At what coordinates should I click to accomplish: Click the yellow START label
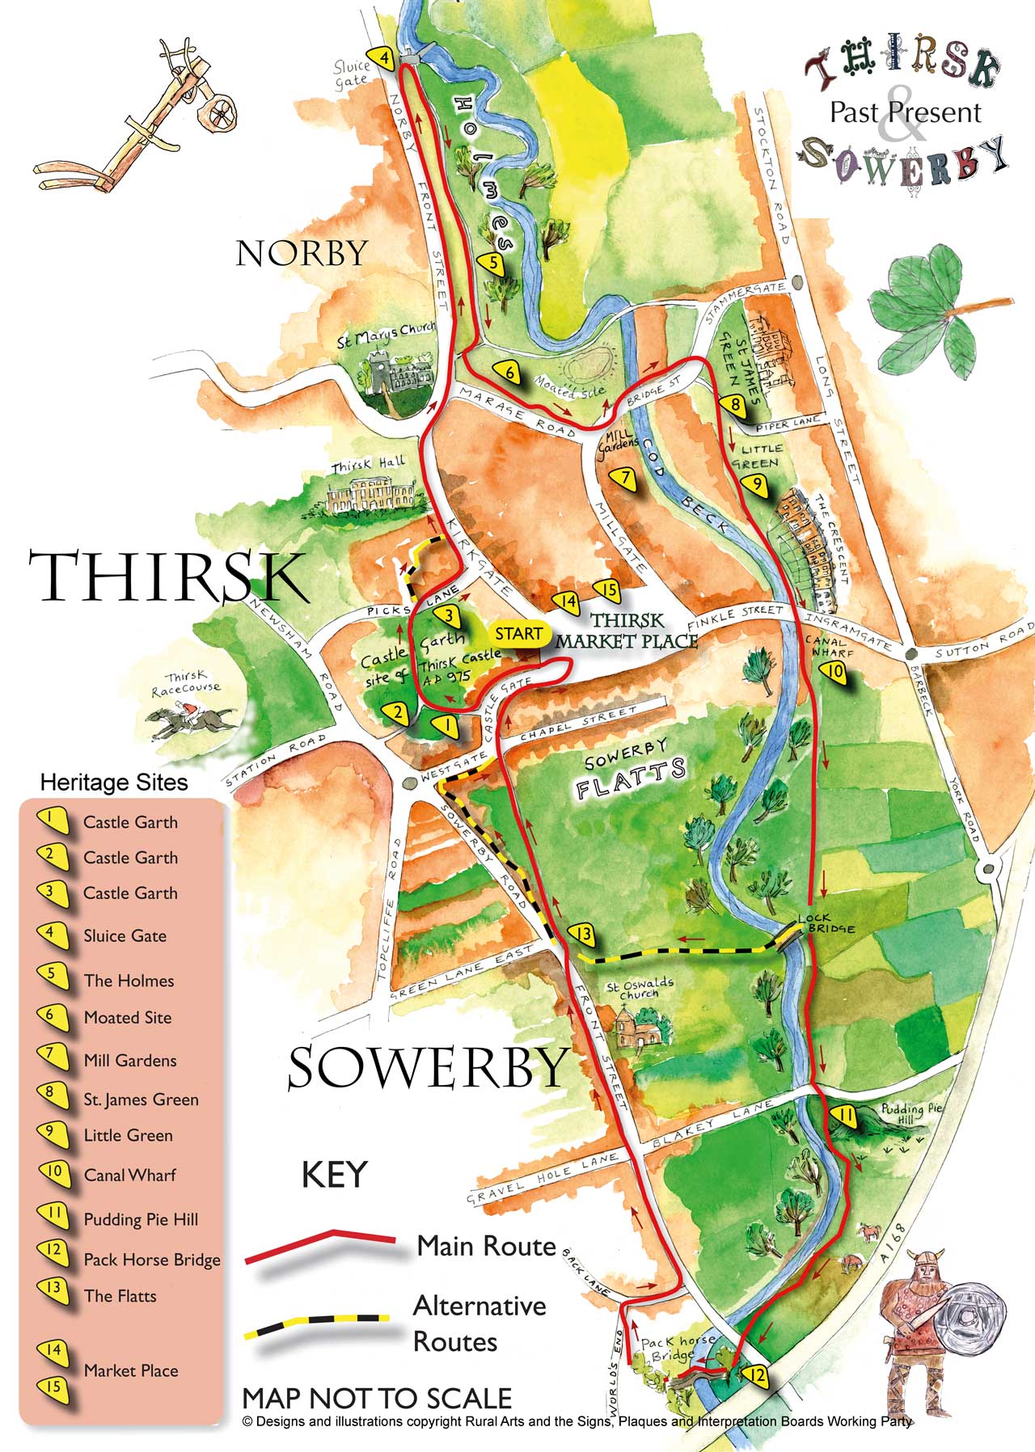coord(518,634)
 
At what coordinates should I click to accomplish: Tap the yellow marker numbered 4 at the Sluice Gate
coord(385,59)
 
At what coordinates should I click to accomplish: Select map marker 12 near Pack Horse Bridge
coord(756,1374)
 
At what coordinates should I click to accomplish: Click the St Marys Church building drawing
coord(397,376)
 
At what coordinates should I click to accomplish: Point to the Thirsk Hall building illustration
coord(370,495)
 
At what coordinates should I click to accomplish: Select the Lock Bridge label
coord(825,923)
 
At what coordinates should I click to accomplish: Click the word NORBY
coord(302,254)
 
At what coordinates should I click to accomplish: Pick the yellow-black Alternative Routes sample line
coord(315,1327)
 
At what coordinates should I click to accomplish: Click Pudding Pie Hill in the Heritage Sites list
coord(141,1219)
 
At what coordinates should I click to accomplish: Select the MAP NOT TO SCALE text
coord(377,1399)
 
